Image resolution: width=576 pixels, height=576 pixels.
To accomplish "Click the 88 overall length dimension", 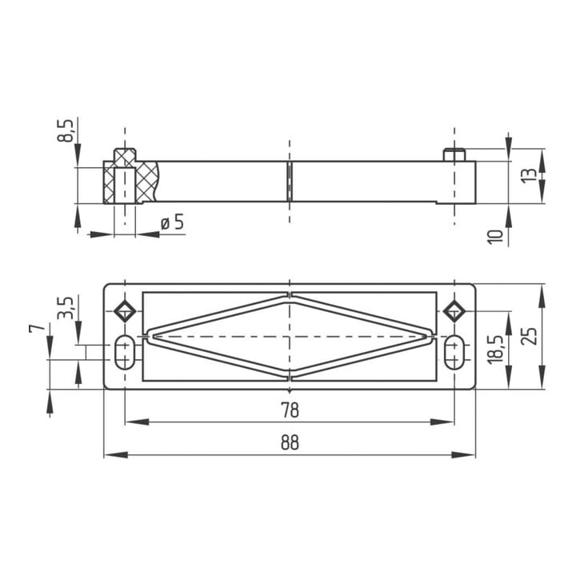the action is click(x=290, y=442).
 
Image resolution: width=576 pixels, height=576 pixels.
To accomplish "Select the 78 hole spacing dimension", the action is click(x=290, y=410).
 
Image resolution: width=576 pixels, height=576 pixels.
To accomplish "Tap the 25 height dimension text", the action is click(x=530, y=336).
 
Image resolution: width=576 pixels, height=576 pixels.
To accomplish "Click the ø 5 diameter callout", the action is click(x=172, y=222).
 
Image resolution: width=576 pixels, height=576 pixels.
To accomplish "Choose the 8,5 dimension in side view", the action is click(x=66, y=130).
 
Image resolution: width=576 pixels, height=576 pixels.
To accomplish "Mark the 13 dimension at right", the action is click(x=530, y=177).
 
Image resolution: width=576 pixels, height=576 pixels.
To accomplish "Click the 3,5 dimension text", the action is click(x=66, y=307).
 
